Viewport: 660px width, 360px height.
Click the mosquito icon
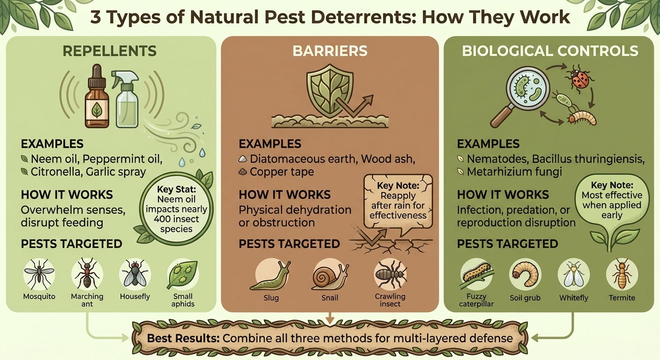point(39,274)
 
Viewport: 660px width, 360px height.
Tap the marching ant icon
point(87,274)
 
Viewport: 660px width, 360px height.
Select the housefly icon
point(135,274)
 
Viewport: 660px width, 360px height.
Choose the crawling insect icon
point(390,275)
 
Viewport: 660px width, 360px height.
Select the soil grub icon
point(525,275)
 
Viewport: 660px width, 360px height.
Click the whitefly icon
point(573,275)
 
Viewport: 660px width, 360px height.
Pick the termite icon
point(622,275)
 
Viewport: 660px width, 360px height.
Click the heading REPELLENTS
point(109,51)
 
